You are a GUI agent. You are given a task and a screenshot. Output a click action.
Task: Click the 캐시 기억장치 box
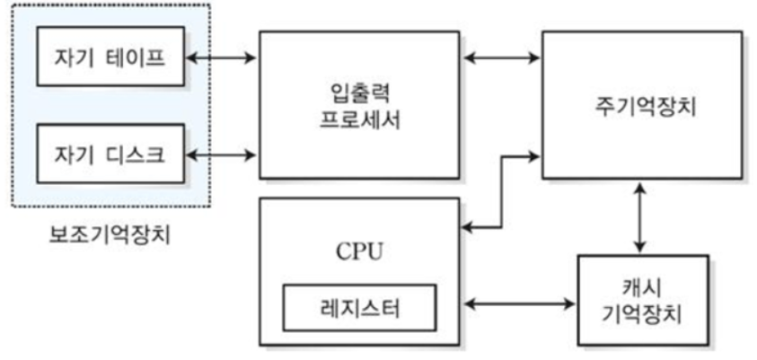pyautogui.click(x=643, y=302)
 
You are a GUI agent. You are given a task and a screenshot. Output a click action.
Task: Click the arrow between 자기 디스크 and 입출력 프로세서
pyautogui.click(x=222, y=154)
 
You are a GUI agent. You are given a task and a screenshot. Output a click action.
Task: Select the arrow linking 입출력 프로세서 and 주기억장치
pyautogui.click(x=502, y=59)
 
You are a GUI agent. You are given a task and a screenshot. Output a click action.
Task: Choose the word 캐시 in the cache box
pyautogui.click(x=643, y=289)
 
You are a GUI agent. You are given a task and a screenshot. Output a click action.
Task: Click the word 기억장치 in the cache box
pyautogui.click(x=643, y=316)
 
